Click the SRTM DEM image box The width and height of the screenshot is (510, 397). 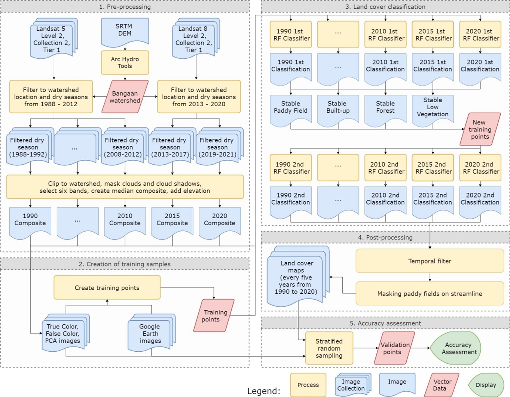click(125, 31)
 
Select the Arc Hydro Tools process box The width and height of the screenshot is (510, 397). click(125, 62)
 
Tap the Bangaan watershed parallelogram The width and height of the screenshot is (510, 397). click(125, 97)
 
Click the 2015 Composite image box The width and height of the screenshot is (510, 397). click(172, 220)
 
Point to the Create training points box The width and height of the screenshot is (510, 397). click(107, 288)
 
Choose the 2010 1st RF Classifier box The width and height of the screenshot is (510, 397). click(385, 35)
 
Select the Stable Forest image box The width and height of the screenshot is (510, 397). click(385, 108)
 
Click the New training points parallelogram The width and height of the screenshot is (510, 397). click(480, 129)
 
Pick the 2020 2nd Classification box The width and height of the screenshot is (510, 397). click(480, 199)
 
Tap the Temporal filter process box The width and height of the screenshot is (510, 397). click(430, 261)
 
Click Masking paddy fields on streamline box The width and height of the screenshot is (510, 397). click(430, 294)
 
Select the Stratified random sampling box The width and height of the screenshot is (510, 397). click(329, 348)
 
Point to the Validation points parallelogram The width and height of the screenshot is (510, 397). click(394, 348)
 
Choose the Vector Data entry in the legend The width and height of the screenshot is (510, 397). click(442, 385)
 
